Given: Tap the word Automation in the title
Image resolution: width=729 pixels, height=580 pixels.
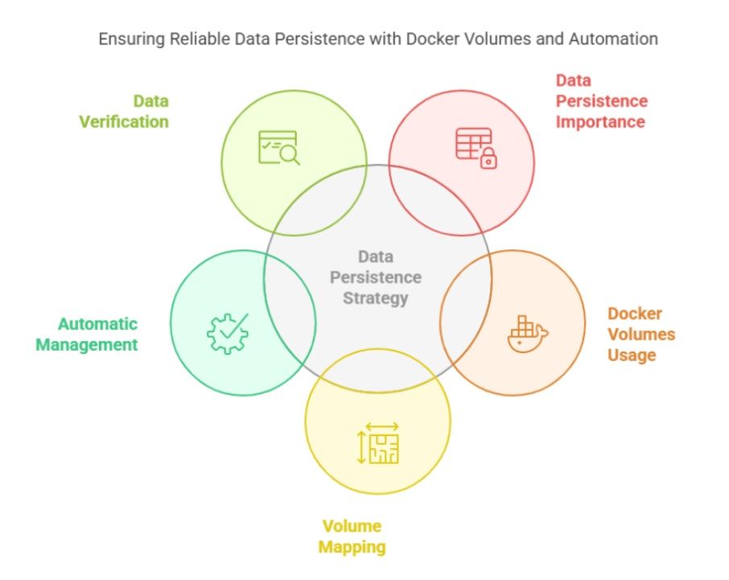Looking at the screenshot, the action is [x=613, y=39].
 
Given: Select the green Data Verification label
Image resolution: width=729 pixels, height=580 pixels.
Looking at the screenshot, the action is [x=124, y=112].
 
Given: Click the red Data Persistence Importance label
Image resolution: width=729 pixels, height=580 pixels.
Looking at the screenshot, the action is [x=602, y=101].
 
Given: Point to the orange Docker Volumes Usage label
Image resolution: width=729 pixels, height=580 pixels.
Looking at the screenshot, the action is [x=641, y=334].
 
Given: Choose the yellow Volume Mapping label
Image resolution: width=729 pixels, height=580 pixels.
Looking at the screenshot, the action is [x=352, y=537].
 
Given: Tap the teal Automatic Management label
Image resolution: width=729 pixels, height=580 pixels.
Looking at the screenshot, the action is [x=87, y=334].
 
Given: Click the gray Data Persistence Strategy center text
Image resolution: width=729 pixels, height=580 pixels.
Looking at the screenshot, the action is [x=376, y=278].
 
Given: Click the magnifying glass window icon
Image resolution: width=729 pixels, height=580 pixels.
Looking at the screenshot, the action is [x=279, y=148].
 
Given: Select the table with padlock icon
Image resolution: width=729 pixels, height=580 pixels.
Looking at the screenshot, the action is [x=476, y=148].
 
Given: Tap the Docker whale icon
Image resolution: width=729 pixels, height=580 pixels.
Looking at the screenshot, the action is [x=528, y=334].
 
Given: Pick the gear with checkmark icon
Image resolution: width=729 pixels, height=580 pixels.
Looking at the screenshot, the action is [x=228, y=334].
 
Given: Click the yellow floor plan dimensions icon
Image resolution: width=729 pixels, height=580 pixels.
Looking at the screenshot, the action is [x=377, y=443].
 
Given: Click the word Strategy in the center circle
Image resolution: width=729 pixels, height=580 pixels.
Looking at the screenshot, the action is [x=376, y=298].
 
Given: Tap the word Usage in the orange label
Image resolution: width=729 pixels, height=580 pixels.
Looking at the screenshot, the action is [x=632, y=355].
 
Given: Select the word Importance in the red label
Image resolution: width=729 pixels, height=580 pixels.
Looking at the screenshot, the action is [x=600, y=121].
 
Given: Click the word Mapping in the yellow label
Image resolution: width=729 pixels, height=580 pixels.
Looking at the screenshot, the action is [x=352, y=547].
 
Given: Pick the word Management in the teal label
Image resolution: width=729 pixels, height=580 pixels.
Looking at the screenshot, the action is [x=87, y=345].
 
